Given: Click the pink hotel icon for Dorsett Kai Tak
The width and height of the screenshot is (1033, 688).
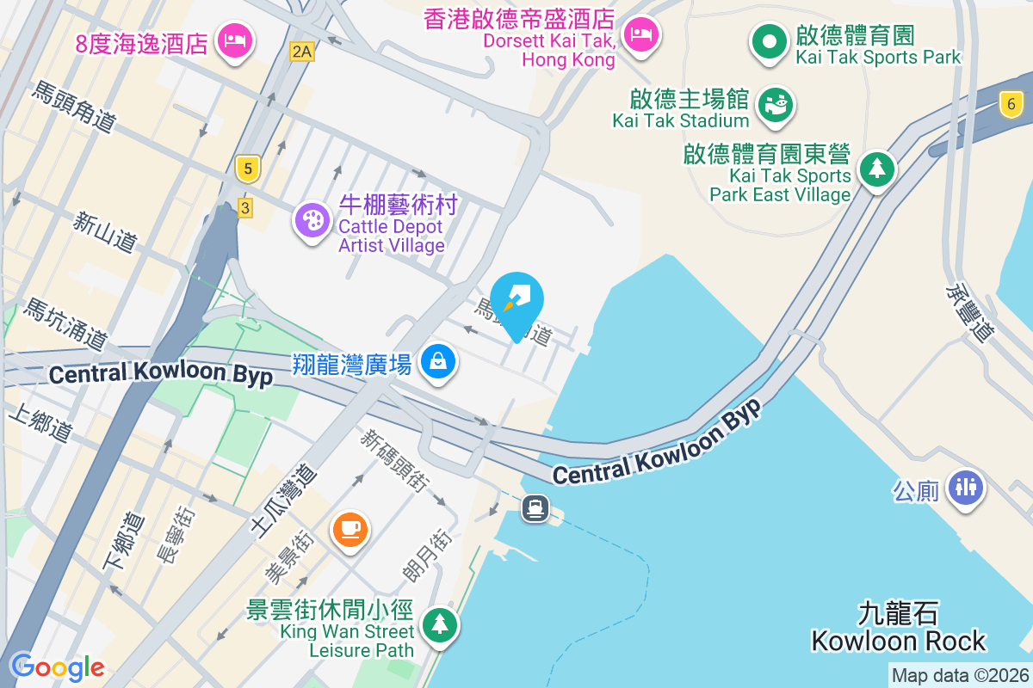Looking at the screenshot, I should [640, 35].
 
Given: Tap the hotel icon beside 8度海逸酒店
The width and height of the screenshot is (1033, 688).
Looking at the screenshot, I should [234, 40].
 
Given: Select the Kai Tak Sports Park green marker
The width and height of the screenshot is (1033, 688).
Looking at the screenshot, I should [769, 41].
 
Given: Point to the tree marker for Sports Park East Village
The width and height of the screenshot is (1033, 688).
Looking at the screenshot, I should [876, 168].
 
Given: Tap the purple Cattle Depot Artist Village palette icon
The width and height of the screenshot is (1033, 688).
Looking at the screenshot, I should [312, 220].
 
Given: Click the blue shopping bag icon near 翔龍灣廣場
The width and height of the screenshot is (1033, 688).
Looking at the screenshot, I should [438, 361].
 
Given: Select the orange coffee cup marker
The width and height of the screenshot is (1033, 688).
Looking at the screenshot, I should [349, 528].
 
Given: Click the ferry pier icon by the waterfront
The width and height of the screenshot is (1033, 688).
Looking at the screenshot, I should [535, 508].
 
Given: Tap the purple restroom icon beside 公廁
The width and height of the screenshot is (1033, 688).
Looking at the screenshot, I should [966, 487].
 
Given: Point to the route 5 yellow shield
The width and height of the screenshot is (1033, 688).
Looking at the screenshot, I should [248, 169].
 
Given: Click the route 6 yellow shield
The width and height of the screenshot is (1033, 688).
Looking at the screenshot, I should [1011, 106].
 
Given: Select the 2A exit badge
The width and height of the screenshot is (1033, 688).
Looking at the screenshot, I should [302, 52].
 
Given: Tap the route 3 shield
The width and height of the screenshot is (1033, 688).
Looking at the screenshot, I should [245, 207].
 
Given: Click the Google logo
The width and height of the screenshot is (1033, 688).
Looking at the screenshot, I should [57, 666].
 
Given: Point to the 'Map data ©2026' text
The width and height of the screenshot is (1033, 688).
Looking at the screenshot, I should [960, 676].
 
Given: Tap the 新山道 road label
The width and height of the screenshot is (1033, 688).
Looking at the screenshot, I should [104, 232].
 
